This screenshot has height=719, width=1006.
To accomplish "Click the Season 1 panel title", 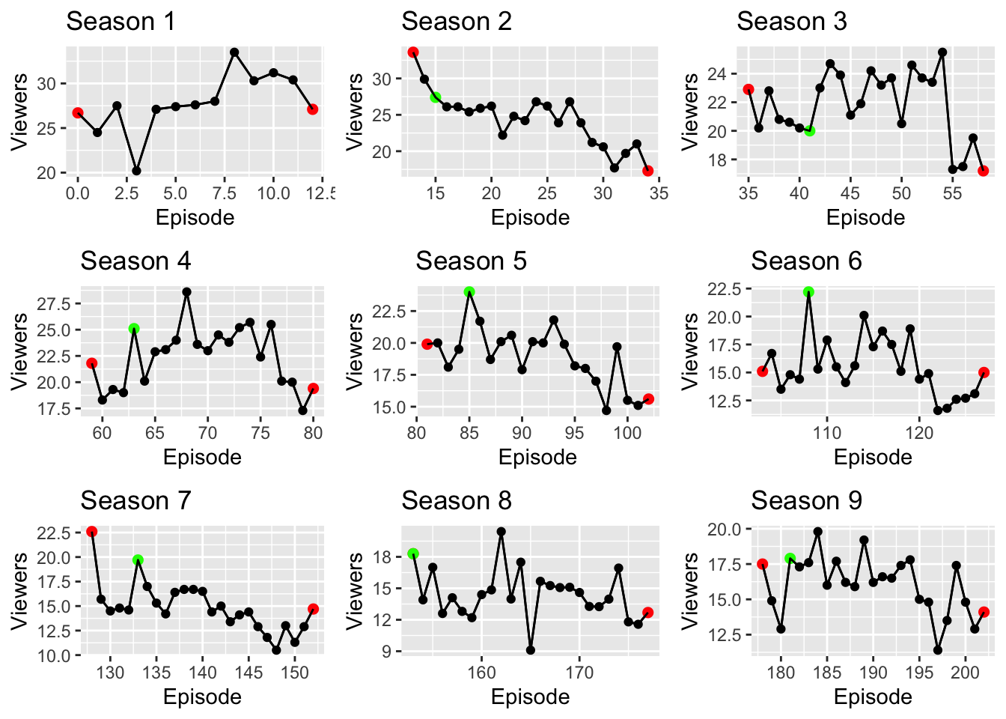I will (121, 22).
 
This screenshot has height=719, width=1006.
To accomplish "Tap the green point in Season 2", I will (436, 97).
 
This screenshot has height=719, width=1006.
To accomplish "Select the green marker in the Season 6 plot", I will (808, 292).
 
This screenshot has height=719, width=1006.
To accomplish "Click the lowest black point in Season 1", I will (136, 171).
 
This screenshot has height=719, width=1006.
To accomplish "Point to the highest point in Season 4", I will (186, 292).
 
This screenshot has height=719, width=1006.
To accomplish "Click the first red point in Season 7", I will (92, 532).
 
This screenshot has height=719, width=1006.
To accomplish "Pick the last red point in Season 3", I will (984, 171).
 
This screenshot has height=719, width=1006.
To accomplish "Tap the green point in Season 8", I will (413, 554).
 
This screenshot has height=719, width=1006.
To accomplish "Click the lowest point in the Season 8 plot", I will (531, 650).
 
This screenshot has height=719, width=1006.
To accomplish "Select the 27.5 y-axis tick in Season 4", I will (58, 304).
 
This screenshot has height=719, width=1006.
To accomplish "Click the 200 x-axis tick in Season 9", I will (965, 673).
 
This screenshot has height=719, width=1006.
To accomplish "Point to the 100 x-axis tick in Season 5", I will (627, 433).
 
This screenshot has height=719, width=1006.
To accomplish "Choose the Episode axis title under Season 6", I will (873, 458).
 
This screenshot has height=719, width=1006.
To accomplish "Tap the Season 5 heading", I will (471, 261).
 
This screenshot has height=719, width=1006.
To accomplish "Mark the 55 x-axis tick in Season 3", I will (952, 193).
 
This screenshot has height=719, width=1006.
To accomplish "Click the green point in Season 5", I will (469, 292).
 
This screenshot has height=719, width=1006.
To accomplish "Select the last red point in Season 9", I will (984, 612).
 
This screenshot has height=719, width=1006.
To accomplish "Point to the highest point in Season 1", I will (234, 52).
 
